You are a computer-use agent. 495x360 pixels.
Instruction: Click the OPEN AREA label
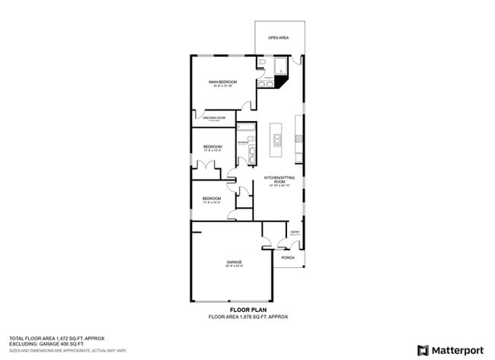(x=278, y=37)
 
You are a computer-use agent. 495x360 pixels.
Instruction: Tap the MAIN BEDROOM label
(x=223, y=81)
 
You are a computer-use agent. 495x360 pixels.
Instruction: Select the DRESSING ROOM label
(x=214, y=118)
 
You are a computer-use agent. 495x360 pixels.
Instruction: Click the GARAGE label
(x=234, y=263)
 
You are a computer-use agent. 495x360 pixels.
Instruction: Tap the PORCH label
(x=288, y=258)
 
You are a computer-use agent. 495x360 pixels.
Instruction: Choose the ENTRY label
(x=295, y=232)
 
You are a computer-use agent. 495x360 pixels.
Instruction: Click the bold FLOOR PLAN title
(x=248, y=310)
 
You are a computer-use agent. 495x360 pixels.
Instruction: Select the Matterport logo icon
(x=420, y=349)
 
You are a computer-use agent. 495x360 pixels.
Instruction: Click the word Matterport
(x=459, y=350)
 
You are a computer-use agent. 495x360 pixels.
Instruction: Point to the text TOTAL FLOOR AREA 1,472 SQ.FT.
(x=56, y=337)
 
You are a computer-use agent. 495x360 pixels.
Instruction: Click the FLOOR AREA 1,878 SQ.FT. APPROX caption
(x=248, y=317)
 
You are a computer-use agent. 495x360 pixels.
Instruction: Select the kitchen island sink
(x=277, y=139)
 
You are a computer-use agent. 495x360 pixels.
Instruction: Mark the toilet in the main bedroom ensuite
(x=261, y=64)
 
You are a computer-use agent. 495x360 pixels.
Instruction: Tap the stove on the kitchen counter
(x=299, y=139)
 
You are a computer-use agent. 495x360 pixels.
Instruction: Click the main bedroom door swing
(x=246, y=106)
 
